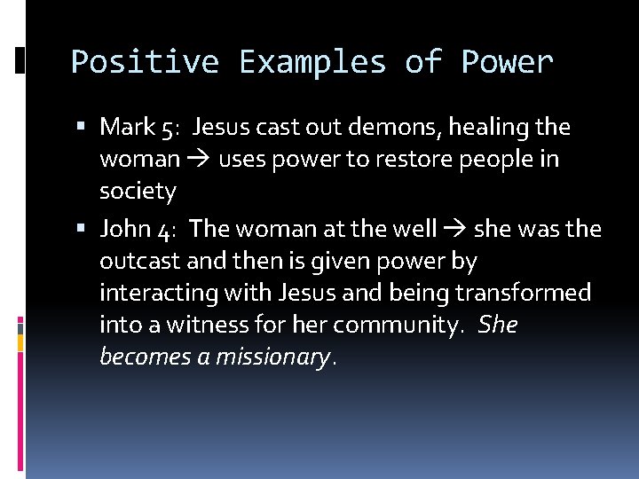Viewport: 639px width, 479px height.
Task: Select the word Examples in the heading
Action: point(312,63)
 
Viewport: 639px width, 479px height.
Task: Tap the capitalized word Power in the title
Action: point(507,63)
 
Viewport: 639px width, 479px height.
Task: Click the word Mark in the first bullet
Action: point(128,128)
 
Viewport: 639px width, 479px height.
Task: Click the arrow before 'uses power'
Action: point(197,160)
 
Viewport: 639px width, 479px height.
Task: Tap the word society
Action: point(138,192)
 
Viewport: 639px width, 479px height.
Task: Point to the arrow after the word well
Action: point(454,229)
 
